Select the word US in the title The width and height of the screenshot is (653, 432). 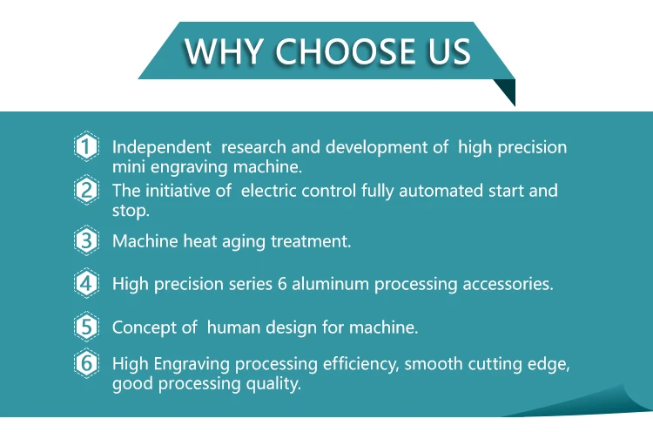point(448,51)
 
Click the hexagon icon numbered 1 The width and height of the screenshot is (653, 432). point(85,147)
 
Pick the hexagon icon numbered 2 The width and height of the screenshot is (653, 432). point(85,191)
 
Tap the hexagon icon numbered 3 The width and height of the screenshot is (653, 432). point(85,240)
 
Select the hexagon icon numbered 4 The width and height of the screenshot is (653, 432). point(85,283)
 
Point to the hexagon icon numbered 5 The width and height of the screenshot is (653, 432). point(85,327)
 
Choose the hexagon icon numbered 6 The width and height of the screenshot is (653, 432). point(85,364)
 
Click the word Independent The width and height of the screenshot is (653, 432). point(161,147)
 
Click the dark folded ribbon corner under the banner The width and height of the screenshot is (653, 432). point(506,91)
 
